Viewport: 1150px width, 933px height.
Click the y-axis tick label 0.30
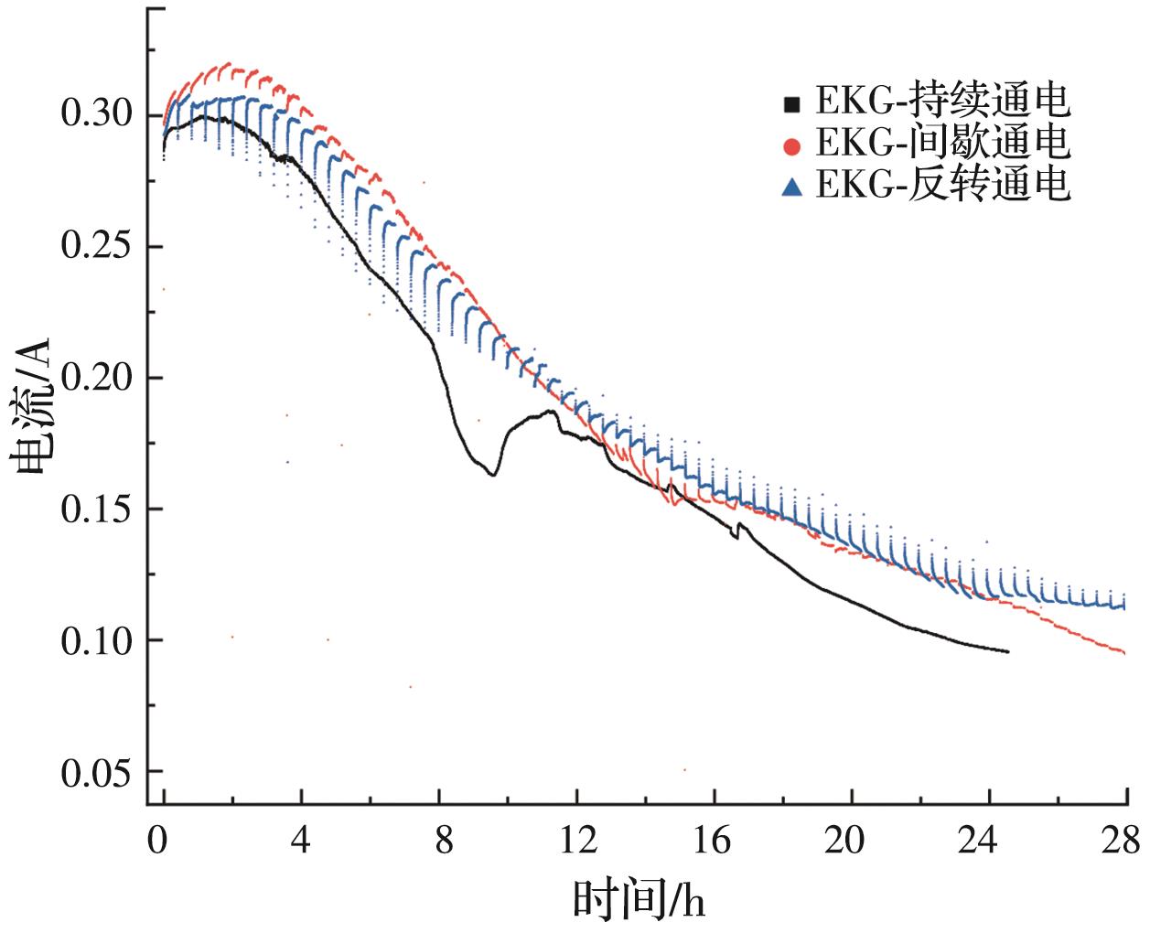(x=97, y=115)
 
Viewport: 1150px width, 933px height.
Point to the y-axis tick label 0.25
(x=97, y=247)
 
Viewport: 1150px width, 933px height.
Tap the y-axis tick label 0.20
(x=97, y=378)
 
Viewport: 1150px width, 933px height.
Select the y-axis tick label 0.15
(x=97, y=509)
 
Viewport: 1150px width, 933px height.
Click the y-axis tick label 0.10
(x=97, y=640)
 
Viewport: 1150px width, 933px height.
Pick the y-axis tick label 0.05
(x=97, y=772)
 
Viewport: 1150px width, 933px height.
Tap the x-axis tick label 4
(x=301, y=838)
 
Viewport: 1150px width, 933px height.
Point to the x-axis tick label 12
(x=576, y=838)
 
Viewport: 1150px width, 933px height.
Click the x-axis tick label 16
(x=714, y=838)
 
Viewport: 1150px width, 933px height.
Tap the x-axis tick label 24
(x=989, y=838)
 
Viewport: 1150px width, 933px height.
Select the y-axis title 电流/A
(x=34, y=407)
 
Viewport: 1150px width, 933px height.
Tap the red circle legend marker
(x=792, y=145)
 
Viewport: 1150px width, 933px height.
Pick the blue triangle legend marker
(x=792, y=188)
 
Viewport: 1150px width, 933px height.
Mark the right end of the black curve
(x=1007, y=652)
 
